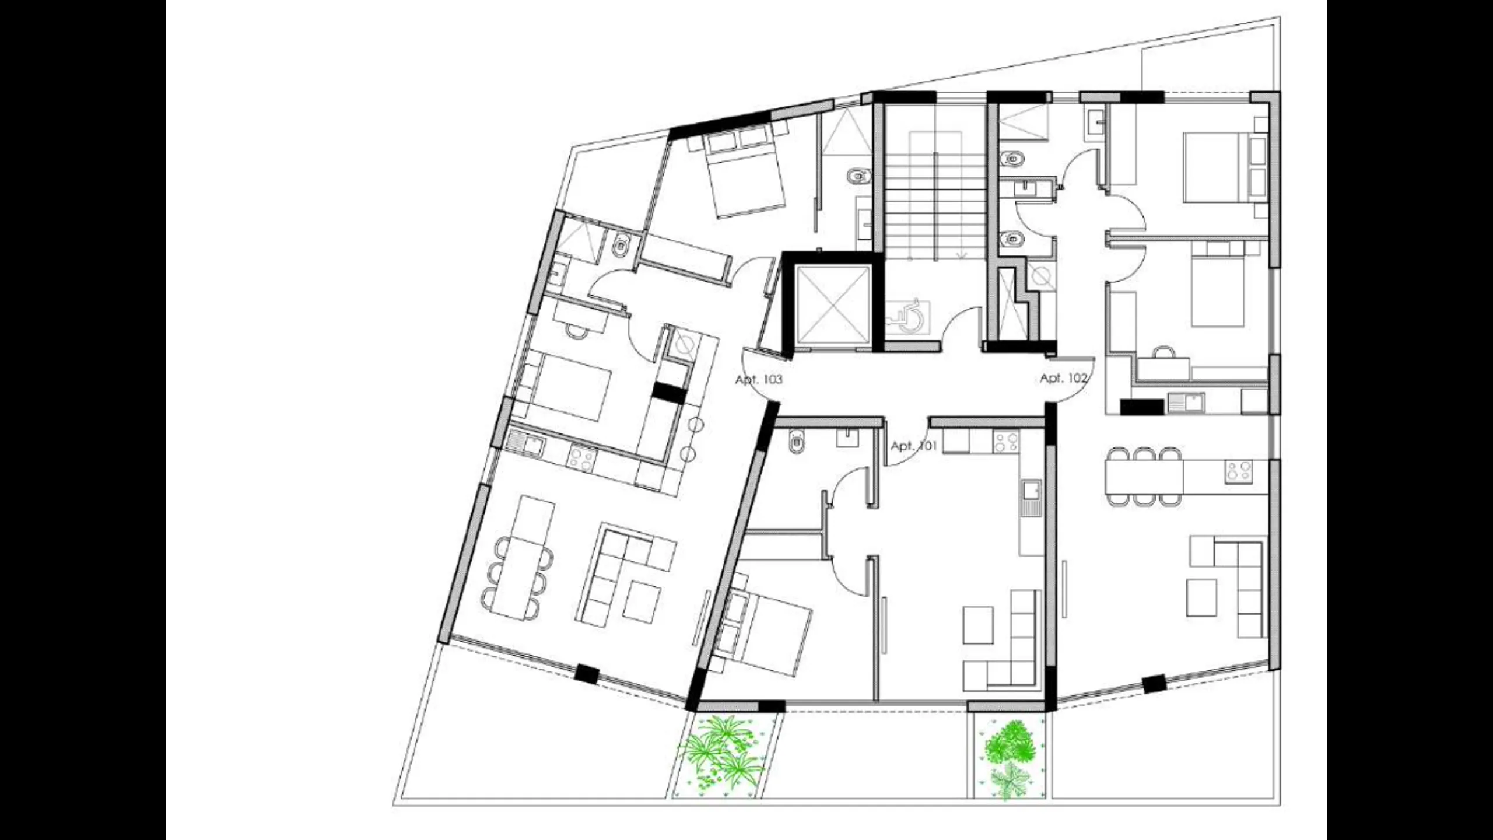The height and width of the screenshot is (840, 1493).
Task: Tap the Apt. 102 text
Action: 1064,378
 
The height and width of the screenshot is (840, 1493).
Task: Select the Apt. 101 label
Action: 914,446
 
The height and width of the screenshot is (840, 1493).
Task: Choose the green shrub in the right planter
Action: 1009,758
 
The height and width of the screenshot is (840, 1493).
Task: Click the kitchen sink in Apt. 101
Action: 1031,499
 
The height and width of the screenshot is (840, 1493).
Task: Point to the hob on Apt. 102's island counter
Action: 1239,471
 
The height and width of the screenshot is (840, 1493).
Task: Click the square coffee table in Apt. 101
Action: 977,625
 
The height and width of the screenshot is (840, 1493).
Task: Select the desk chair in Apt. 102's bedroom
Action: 1164,352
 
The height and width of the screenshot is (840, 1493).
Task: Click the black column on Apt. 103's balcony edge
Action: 586,674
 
